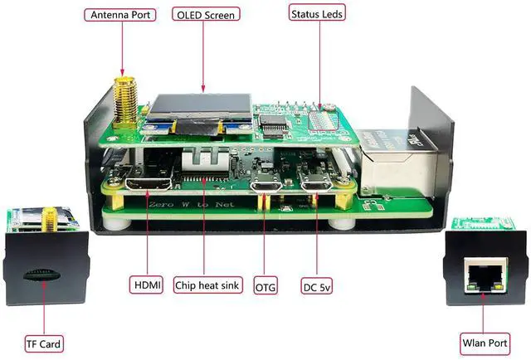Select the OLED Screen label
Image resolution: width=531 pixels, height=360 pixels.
click(x=205, y=14)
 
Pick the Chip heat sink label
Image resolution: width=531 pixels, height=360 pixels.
click(x=207, y=285)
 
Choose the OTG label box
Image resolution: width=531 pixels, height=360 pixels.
click(x=265, y=285)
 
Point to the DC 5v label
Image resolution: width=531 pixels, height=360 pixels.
click(x=316, y=285)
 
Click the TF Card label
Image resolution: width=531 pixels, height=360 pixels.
click(x=43, y=343)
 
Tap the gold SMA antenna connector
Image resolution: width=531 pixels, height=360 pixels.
click(x=126, y=100)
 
